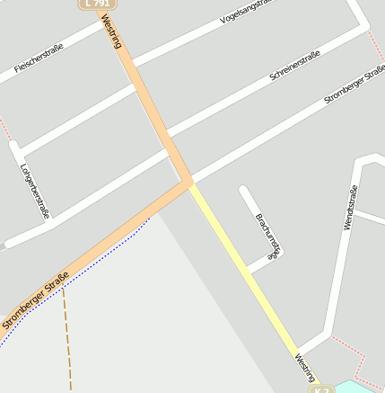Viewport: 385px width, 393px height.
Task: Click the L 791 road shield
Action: tap(97, 4)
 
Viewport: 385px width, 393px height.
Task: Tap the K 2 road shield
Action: tap(321, 389)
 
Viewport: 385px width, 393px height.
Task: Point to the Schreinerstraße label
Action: tap(294, 67)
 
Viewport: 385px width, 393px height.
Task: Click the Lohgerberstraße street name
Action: tap(34, 190)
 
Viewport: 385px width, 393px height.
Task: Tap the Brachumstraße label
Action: tap(268, 236)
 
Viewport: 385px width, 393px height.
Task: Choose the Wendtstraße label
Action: tap(350, 207)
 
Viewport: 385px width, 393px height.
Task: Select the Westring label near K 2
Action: tap(303, 369)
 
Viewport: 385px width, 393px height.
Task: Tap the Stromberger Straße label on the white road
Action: tap(354, 85)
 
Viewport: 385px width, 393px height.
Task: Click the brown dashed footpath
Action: tap(66, 342)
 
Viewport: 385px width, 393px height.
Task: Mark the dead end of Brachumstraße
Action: tap(243, 190)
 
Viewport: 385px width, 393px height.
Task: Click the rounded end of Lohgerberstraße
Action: tap(13, 144)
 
